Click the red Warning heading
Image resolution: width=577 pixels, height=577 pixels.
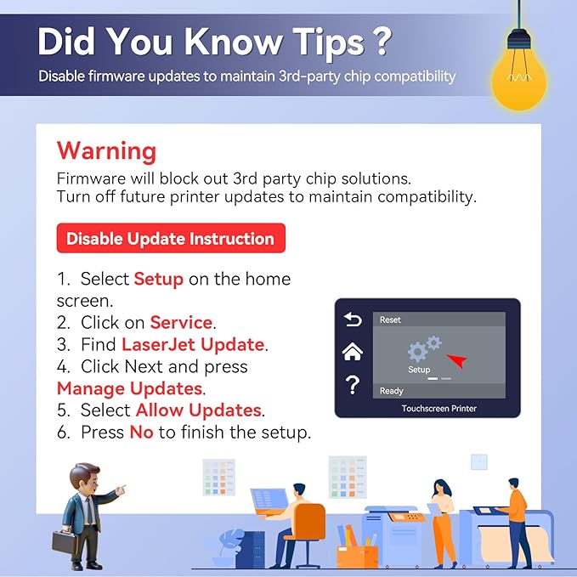pos(107,151)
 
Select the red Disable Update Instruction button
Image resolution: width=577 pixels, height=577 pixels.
pos(171,238)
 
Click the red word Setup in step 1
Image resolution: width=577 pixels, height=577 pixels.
pos(159,279)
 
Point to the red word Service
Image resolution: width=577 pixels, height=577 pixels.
pos(181,322)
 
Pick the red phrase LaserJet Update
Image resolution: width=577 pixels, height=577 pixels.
pos(193,344)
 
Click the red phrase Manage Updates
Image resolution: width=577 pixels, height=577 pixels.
pos(129,388)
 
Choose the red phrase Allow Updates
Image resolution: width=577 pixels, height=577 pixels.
pos(199,410)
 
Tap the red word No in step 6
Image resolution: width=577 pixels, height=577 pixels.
pos(141,432)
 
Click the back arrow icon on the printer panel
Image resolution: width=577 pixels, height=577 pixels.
pos(353,319)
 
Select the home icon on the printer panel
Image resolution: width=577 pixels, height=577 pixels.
pos(353,352)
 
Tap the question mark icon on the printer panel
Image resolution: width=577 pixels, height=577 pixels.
pos(353,385)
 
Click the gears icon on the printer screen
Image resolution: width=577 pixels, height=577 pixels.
pos(424,348)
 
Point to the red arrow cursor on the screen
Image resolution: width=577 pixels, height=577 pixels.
pos(457,360)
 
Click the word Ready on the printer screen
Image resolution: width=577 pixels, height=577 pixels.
pos(392,391)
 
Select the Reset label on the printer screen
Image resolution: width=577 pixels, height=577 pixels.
pos(390,320)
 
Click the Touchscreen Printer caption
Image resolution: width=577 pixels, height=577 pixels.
pos(439,409)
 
